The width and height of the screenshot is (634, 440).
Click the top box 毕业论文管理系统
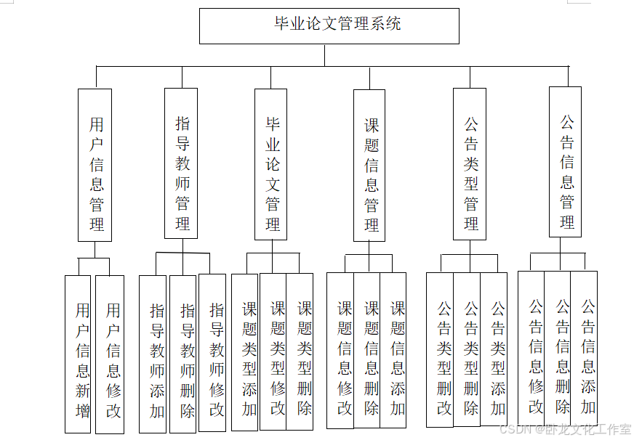click(329, 26)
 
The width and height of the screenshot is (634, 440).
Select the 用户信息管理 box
click(95, 165)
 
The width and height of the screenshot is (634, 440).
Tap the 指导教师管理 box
click(181, 163)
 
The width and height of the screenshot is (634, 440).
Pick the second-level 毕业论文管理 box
click(270, 164)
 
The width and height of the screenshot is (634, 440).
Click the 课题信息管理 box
click(369, 166)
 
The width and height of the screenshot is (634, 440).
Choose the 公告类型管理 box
click(470, 164)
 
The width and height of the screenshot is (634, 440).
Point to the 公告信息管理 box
click(565, 162)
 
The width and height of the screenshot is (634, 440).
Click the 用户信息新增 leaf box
click(78, 354)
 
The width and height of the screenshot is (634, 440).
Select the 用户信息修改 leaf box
click(110, 354)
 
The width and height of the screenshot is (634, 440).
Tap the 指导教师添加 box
click(153, 354)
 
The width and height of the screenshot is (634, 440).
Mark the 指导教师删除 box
click(183, 354)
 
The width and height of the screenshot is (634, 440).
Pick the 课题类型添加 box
click(245, 352)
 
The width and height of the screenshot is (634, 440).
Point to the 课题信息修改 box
click(340, 351)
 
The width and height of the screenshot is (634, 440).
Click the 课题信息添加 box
click(393, 351)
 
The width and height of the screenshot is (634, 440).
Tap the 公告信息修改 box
click(531, 349)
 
